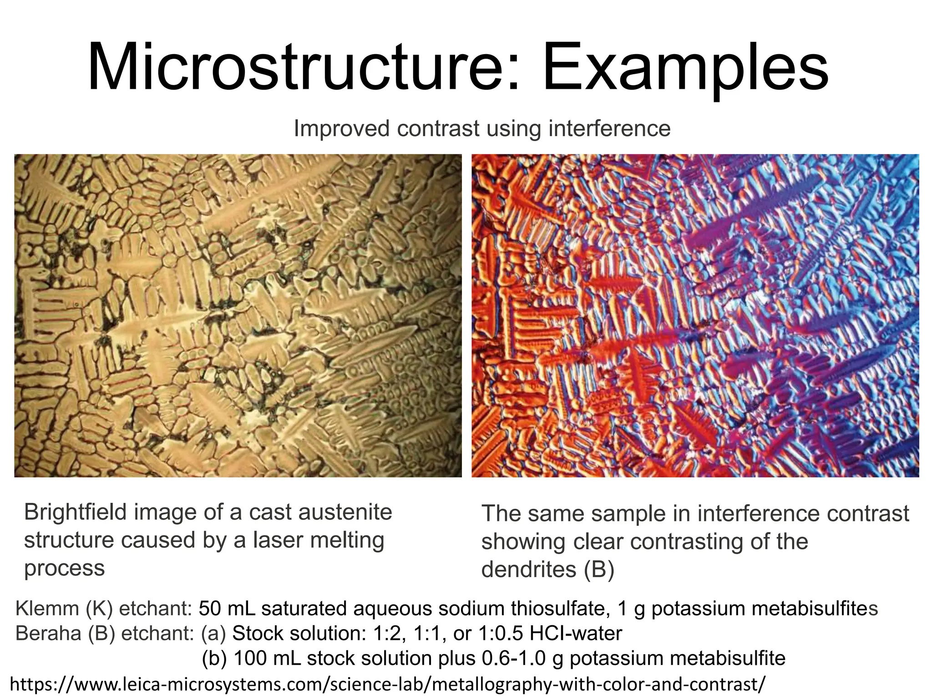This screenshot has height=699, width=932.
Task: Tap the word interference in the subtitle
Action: tap(609, 128)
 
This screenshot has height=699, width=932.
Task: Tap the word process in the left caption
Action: tap(64, 568)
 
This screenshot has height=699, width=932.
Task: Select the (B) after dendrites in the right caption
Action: tap(598, 569)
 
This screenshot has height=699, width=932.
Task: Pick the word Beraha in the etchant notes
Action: tap(49, 633)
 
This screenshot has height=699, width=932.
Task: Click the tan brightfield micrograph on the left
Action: tap(238, 316)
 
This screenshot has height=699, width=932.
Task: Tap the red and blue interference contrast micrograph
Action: tap(695, 316)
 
